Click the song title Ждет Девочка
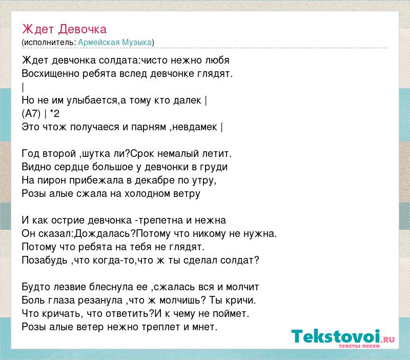[65, 29]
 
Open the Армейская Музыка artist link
[115, 43]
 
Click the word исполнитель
[50, 43]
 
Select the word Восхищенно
[50, 73]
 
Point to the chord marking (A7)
[31, 113]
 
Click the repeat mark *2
[54, 113]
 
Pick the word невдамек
[195, 127]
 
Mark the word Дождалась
[102, 234]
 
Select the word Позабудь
[45, 261]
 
